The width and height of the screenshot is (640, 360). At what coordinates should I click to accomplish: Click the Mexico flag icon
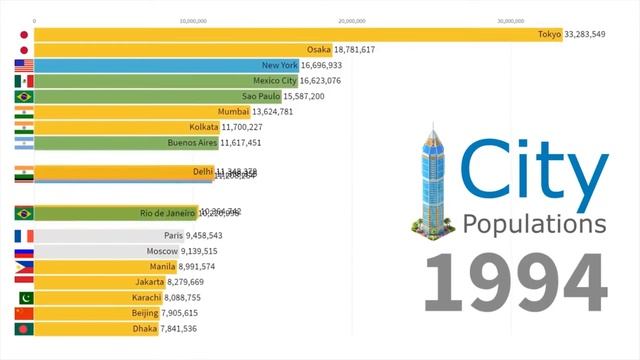click(24, 81)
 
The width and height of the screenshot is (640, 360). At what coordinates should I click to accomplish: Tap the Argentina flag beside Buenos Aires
click(24, 143)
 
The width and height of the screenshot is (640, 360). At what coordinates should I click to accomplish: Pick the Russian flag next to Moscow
click(24, 252)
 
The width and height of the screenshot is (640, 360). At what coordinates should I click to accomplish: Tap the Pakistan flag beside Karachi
click(24, 298)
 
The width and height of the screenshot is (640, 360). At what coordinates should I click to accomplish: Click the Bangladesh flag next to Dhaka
click(24, 329)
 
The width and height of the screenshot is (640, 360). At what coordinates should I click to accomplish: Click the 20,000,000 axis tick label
click(352, 19)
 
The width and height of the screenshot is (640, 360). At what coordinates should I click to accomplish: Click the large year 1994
click(516, 283)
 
